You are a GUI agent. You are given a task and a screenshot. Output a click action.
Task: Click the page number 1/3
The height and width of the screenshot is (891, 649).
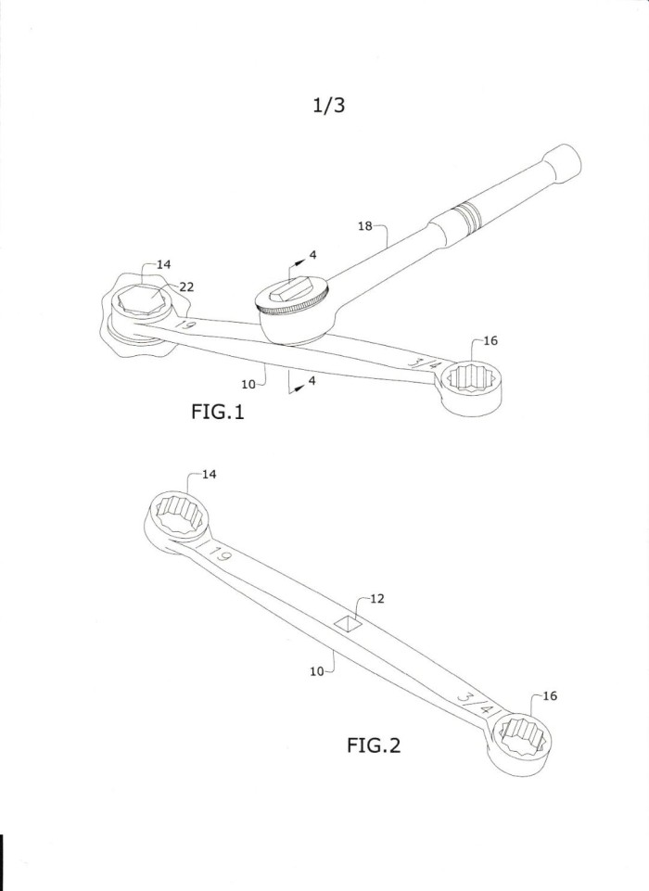coord(328,105)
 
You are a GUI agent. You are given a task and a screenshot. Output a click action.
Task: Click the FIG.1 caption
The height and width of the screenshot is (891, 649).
coord(218,412)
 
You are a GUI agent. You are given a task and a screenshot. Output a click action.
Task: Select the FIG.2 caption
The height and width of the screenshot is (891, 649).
coord(374,745)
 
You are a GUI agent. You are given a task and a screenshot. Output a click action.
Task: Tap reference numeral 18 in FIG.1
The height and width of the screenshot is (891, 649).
coord(365,226)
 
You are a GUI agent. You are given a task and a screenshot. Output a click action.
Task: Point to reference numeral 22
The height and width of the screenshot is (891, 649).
coord(186,287)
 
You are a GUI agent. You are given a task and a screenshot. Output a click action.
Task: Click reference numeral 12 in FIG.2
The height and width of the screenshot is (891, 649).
coord(376,598)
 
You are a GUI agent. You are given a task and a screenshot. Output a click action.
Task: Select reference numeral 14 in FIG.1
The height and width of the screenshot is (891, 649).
coord(164,264)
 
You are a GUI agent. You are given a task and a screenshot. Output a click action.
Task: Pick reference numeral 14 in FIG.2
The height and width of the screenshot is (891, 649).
coord(210,474)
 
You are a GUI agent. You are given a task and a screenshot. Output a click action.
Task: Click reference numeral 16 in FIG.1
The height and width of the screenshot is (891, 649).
coord(490,340)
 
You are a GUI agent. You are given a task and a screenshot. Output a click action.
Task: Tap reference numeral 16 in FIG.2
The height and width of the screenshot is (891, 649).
coord(550,695)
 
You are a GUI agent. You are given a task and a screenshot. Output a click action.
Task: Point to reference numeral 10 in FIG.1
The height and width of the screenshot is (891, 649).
coord(248,384)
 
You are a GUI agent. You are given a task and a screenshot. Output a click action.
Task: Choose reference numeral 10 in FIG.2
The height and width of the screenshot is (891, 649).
coord(316,671)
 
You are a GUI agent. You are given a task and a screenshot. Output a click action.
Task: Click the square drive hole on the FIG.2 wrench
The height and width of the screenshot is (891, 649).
coord(349,624)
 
